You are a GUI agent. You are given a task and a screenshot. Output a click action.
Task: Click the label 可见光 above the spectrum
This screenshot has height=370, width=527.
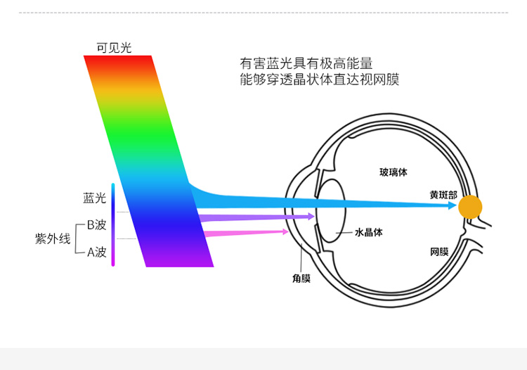click(114, 48)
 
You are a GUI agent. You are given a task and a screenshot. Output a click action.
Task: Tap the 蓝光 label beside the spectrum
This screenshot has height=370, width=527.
click(95, 198)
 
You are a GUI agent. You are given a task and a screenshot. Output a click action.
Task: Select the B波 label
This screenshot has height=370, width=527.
click(96, 225)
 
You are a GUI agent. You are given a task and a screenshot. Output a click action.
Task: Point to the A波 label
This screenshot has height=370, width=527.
click(96, 252)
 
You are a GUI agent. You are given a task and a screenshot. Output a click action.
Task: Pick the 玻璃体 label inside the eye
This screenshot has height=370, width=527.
click(393, 172)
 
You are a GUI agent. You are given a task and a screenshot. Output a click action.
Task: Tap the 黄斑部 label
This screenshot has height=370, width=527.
click(443, 194)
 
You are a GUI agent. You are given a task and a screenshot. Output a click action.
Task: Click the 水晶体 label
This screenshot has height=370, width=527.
click(368, 231)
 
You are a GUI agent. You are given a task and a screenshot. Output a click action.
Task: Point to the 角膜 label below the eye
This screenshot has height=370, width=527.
click(301, 279)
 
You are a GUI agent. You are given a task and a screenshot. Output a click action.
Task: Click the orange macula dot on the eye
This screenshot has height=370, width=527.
click(470, 207)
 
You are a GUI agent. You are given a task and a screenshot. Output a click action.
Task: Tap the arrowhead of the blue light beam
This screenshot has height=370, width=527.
click(453, 205)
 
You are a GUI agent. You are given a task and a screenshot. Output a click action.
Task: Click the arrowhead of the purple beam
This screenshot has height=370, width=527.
click(310, 217)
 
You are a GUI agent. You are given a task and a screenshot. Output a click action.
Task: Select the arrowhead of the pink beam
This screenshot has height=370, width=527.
click(285, 231)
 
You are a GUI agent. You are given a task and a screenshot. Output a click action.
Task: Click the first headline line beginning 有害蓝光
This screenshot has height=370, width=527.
click(306, 62)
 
